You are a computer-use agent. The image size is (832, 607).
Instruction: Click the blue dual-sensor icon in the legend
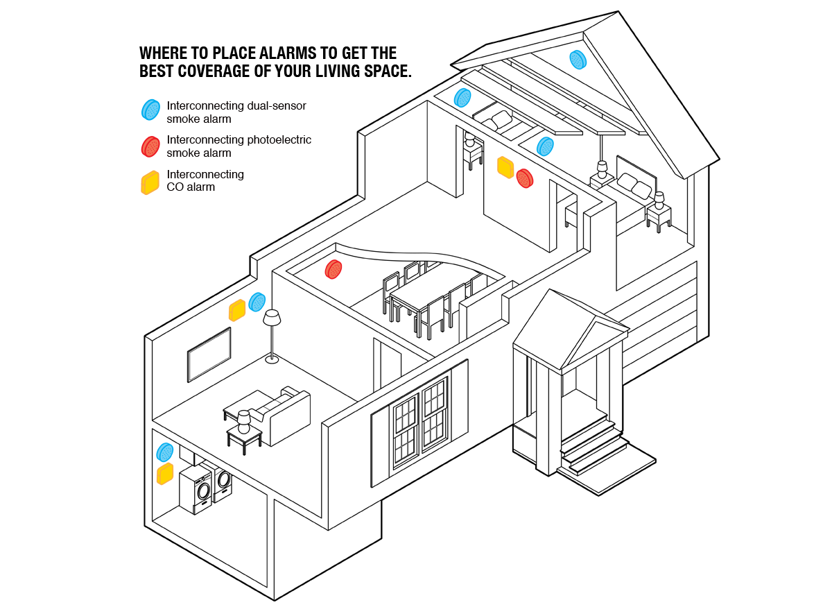151,110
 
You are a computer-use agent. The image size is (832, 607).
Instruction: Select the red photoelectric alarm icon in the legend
150,146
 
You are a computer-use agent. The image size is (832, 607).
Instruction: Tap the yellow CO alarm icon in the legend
150,182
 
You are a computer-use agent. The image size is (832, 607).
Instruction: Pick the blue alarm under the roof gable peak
578,60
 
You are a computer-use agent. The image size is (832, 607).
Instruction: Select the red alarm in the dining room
333,269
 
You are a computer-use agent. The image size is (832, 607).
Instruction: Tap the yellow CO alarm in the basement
165,474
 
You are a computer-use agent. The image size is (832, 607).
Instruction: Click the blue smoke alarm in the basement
165,452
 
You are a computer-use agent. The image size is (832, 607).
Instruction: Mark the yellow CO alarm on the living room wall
237,310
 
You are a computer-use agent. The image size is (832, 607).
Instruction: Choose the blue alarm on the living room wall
257,302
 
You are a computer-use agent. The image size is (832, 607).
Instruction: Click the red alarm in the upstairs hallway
524,178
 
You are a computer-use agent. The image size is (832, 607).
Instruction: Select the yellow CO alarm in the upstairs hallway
505,167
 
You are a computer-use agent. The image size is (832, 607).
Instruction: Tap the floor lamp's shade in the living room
272,318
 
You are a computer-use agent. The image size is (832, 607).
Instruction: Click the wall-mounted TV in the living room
209,354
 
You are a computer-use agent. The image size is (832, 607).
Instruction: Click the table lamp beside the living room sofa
243,422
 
